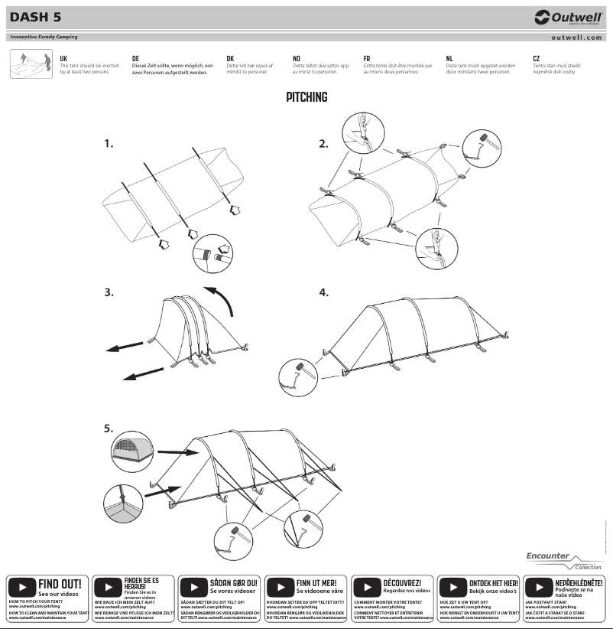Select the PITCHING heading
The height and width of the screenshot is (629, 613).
(306, 97)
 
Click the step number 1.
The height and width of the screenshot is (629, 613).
(109, 143)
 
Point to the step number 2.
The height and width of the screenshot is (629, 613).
(323, 143)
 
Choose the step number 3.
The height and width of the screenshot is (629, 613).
(109, 292)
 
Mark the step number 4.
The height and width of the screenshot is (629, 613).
(323, 292)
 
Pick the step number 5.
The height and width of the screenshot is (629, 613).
(109, 429)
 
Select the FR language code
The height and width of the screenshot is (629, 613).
(367, 58)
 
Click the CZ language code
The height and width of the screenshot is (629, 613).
(537, 58)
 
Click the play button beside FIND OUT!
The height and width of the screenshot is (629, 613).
(21, 588)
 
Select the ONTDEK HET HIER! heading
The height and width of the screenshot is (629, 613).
(493, 583)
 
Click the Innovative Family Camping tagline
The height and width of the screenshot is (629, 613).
(44, 37)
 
